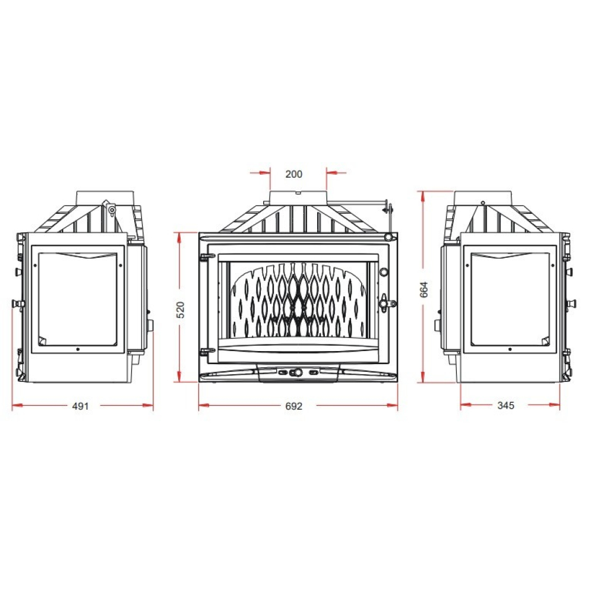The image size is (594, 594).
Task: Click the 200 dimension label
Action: [293, 174]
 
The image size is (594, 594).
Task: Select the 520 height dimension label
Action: [181, 309]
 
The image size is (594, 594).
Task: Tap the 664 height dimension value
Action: [424, 289]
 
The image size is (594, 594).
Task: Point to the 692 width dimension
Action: [293, 406]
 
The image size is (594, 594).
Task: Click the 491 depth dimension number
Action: [80, 406]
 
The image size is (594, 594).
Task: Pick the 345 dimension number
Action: [505, 405]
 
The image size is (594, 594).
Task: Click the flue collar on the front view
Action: [298, 198]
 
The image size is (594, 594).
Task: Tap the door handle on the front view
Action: [387, 304]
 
